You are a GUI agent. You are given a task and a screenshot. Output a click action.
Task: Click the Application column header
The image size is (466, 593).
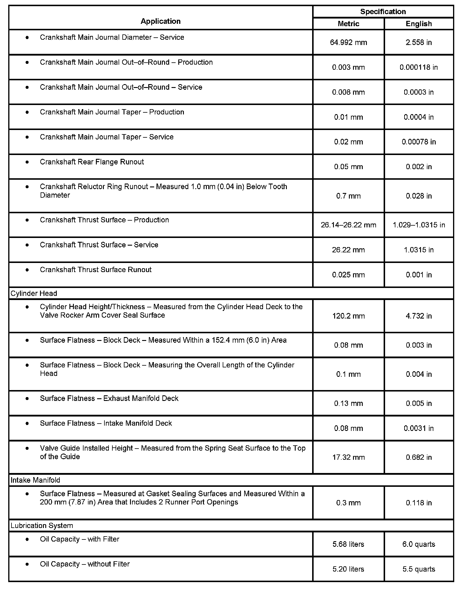point(160,21)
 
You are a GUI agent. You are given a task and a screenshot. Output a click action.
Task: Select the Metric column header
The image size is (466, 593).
point(348,24)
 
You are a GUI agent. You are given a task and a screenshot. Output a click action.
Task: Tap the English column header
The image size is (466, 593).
point(419,24)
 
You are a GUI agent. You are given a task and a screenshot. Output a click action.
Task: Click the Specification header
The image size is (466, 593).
point(383,11)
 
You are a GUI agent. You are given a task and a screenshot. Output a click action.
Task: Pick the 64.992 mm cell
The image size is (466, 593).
point(348,42)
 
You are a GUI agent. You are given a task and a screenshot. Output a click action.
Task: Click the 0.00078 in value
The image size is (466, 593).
point(419,142)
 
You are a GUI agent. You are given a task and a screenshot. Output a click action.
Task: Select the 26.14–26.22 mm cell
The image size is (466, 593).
point(348,225)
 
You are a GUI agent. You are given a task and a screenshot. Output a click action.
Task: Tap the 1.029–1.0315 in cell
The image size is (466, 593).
point(419,225)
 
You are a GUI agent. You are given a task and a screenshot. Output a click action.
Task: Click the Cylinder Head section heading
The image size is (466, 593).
point(34,293)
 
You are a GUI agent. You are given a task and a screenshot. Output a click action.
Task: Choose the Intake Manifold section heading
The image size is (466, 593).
point(35,480)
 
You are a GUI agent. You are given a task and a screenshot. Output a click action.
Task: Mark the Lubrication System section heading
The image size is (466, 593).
point(42,525)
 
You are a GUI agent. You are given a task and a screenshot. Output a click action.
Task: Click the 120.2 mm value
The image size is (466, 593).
point(348,316)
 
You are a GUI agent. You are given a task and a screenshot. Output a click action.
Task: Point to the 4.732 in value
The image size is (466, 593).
point(419,316)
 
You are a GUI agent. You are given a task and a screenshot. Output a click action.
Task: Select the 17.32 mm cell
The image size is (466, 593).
point(348,457)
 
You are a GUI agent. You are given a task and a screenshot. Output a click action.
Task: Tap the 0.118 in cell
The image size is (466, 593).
point(419,503)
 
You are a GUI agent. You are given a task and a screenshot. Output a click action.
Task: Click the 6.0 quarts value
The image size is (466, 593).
point(419,544)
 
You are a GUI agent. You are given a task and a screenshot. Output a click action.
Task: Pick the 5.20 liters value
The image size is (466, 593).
point(348,569)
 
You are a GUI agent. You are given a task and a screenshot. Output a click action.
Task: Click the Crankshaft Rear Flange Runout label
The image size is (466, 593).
point(92,162)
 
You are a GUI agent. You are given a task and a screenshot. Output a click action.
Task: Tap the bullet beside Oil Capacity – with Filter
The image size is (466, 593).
point(27,539)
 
